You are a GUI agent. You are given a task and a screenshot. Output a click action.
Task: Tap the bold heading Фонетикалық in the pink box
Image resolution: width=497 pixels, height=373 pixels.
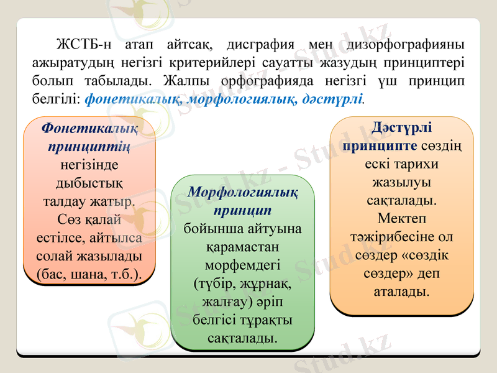tap(89, 127)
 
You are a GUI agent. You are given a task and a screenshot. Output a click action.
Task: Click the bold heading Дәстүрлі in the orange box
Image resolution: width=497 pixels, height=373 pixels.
tap(401, 127)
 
